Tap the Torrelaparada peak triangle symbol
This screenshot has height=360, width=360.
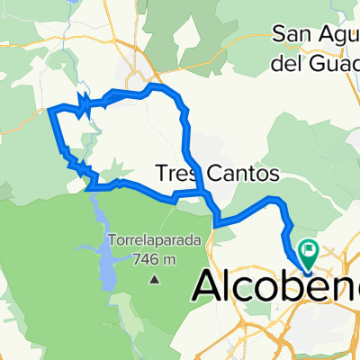(x=154, y=280)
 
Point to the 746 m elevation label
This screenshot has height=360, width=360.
(x=154, y=259)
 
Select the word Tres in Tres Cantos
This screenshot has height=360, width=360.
(x=175, y=172)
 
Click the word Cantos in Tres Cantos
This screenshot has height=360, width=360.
(x=237, y=172)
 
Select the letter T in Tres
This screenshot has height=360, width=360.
(x=162, y=172)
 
